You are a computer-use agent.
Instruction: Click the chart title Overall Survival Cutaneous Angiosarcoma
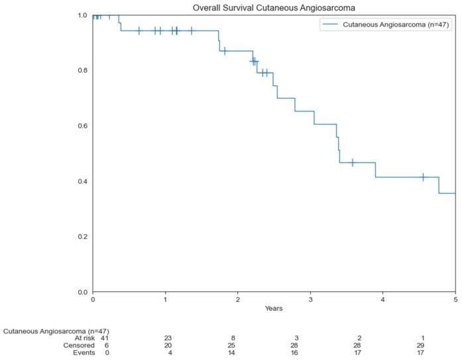274,7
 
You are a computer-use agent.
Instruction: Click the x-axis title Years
274,309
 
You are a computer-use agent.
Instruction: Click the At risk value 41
92,338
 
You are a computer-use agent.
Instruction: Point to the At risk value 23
168,338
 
